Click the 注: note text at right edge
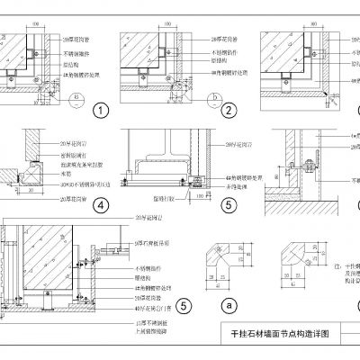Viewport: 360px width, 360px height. [337, 265]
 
